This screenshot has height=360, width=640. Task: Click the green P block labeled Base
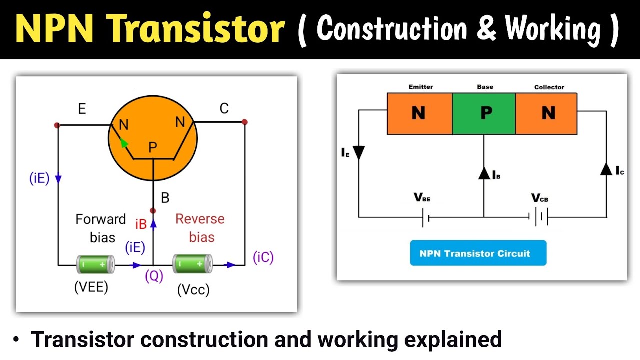point(484,113)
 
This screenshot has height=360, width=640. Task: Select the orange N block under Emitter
point(419,113)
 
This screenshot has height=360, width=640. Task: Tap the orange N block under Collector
point(546,113)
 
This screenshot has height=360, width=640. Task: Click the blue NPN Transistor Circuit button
point(478,253)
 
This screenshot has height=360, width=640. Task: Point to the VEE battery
point(95,264)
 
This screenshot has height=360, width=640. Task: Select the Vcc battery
point(192,264)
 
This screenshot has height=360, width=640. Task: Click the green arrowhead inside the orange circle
point(123,143)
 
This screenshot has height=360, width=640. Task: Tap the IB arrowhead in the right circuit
point(483,173)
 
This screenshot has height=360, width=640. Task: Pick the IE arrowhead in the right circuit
point(359,152)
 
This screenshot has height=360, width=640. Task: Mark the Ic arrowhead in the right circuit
point(606,169)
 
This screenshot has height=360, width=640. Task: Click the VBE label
point(422,198)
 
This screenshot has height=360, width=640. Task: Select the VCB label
point(540,198)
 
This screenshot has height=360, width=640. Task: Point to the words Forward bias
point(101,228)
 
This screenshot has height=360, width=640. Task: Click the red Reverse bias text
point(200,228)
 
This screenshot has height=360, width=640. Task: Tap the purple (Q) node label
point(154,276)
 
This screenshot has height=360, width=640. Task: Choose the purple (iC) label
point(263,257)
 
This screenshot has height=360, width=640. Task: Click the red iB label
point(141,224)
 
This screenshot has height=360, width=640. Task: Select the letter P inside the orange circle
point(153,147)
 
